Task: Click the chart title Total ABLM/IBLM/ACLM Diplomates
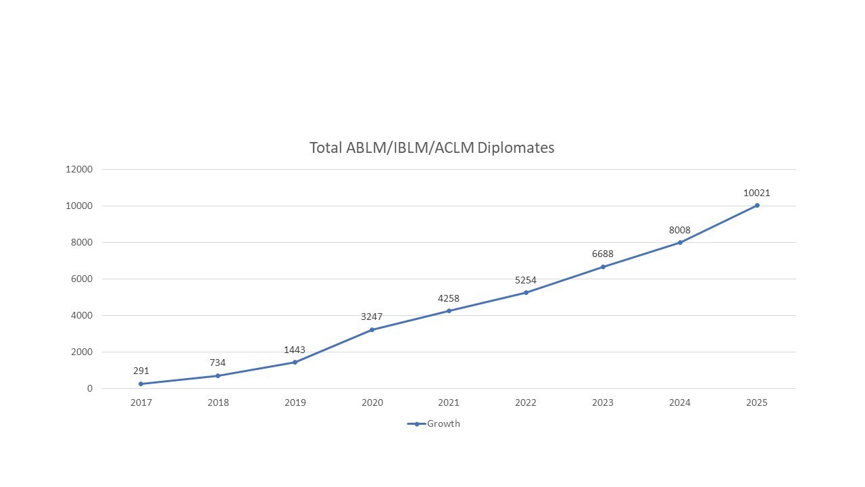coord(432,147)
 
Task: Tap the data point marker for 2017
coord(141,384)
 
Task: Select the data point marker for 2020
coord(372,329)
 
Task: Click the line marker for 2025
coord(757,205)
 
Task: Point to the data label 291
coord(141,371)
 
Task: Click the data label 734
coord(218,363)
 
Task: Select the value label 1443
coord(295,350)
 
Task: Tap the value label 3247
coord(372,317)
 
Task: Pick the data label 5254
coord(526,280)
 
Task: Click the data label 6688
coord(603,254)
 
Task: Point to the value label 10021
coord(757,193)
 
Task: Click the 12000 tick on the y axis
coord(79,169)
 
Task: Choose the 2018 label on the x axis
coord(218,402)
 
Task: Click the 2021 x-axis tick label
coord(449,402)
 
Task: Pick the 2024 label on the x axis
coord(680,402)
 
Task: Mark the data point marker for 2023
coord(603,266)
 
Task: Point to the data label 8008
coord(680,230)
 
